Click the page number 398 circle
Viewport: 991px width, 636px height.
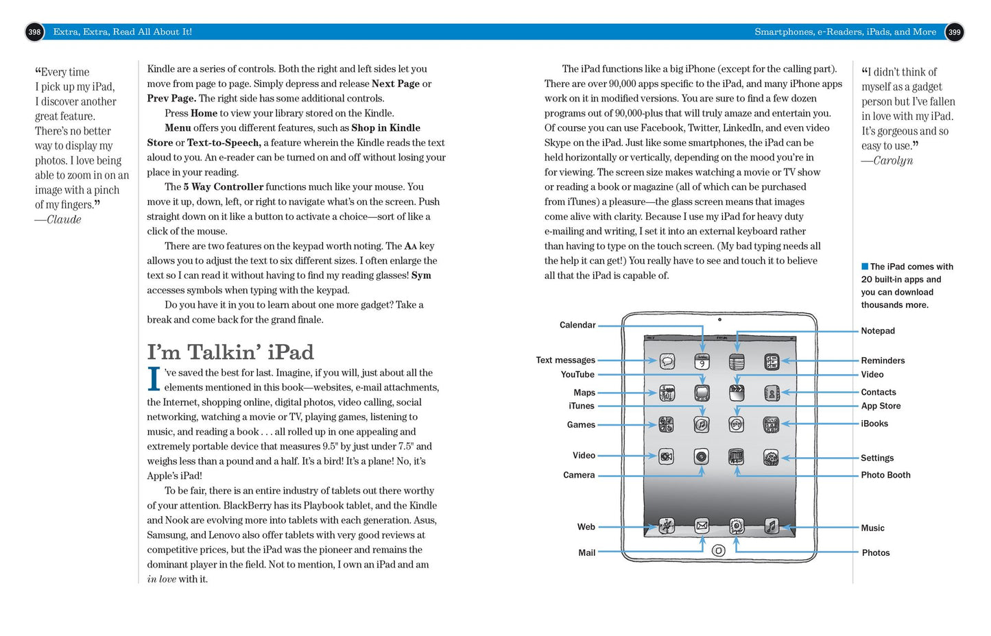[34, 32]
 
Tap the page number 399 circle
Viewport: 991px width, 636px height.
[954, 32]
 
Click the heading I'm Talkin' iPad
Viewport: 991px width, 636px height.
[230, 352]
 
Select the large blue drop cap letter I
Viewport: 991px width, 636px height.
[154, 378]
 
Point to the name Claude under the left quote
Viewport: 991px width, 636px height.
[64, 219]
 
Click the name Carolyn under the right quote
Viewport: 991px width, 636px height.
[893, 160]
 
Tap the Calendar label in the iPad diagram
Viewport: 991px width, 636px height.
[577, 325]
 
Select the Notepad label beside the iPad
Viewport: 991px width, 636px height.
[878, 330]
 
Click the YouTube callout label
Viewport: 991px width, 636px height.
[577, 374]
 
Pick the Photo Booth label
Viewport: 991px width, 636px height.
[885, 475]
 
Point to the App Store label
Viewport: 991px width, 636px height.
[881, 406]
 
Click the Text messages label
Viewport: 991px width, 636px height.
[565, 360]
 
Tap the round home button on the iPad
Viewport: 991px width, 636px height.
[719, 550]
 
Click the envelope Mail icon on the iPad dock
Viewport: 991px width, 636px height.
[702, 526]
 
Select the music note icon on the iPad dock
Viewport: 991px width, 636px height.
[772, 526]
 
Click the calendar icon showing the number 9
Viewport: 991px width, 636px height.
[702, 362]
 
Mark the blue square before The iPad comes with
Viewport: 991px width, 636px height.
[865, 266]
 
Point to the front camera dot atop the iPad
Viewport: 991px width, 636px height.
[719, 319]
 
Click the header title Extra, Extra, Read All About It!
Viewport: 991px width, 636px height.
[123, 32]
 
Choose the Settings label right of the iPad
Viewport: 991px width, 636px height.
[877, 458]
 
